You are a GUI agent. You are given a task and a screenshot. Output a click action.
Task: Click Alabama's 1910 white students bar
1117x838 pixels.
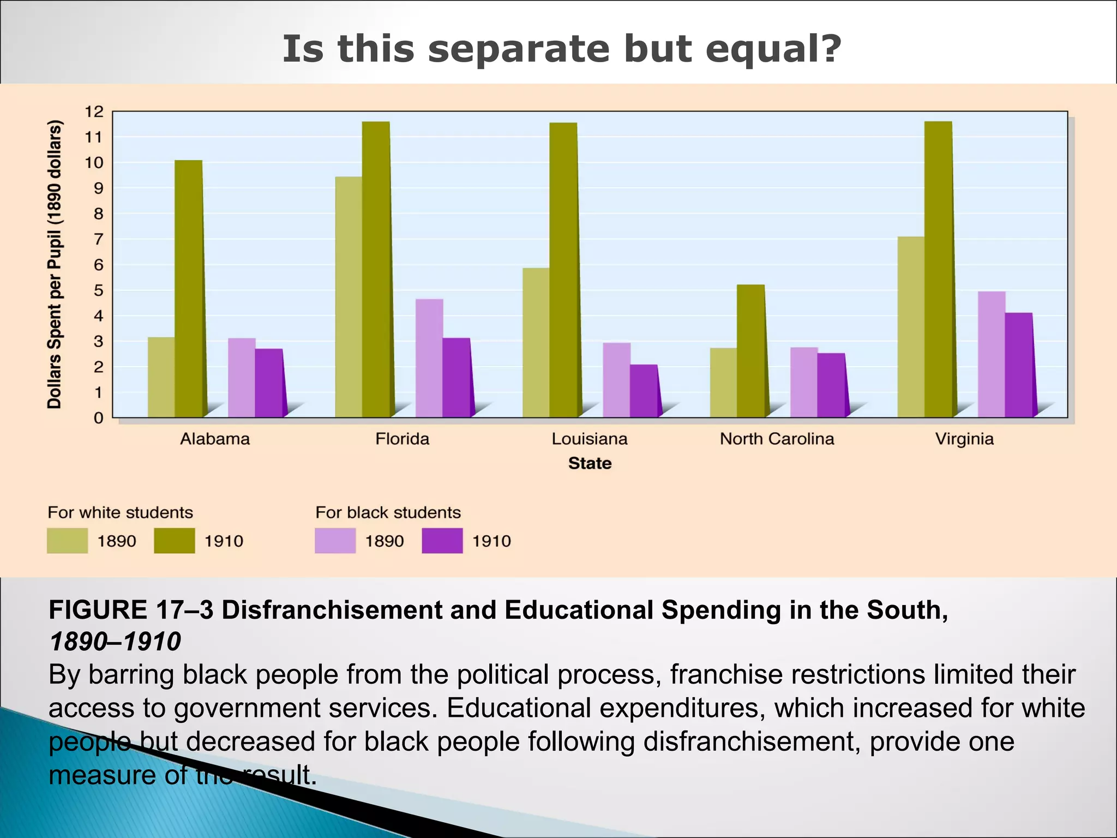tap(189, 289)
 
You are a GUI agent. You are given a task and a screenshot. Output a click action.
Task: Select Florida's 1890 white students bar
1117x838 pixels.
tap(349, 297)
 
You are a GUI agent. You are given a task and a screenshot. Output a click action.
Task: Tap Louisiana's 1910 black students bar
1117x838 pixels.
tap(644, 391)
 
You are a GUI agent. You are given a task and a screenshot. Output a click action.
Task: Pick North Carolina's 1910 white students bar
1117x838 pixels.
tap(750, 351)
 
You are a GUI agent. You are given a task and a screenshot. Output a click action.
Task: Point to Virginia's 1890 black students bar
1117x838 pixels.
tap(992, 355)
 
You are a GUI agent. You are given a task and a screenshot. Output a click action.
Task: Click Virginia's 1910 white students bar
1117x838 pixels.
tap(938, 270)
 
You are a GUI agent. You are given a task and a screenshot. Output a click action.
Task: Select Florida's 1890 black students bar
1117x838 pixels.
tap(429, 358)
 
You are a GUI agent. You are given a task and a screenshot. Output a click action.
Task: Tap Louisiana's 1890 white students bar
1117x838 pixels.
tap(536, 343)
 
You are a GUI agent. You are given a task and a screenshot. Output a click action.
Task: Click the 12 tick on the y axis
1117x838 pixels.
tap(94, 112)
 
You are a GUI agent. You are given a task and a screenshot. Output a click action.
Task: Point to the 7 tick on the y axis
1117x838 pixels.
tap(98, 240)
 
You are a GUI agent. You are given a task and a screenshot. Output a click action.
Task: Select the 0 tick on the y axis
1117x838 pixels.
tap(98, 418)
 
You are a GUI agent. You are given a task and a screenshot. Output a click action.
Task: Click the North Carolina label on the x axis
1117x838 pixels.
tap(777, 439)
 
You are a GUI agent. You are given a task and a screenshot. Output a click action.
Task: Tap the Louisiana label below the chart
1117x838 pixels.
tap(590, 439)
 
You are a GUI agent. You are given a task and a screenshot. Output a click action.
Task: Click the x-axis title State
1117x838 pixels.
tap(590, 464)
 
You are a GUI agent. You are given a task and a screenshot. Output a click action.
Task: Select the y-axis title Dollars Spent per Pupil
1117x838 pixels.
tap(55, 265)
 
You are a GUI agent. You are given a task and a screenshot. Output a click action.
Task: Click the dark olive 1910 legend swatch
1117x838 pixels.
tap(174, 541)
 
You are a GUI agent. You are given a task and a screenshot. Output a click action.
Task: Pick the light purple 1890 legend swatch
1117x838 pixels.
tap(335, 541)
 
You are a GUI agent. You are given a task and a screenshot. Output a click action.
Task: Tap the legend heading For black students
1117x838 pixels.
tap(388, 513)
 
